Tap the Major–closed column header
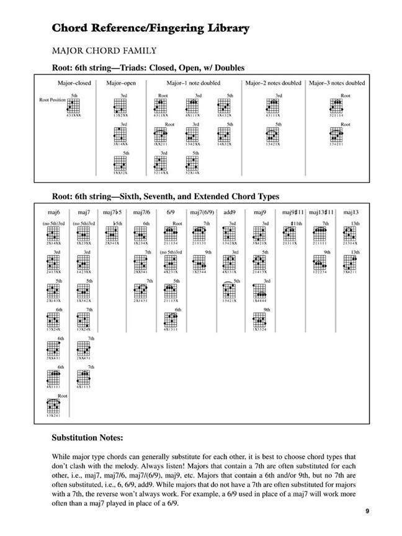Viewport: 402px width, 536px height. point(74,83)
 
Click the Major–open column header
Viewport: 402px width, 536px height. point(121,83)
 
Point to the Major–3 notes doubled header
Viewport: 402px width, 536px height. point(337,83)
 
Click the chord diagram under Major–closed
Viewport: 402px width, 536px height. point(74,106)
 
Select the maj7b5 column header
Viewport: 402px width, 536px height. point(111,213)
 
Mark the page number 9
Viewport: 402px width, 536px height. point(367,512)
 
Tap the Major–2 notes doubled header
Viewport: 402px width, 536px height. point(274,83)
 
